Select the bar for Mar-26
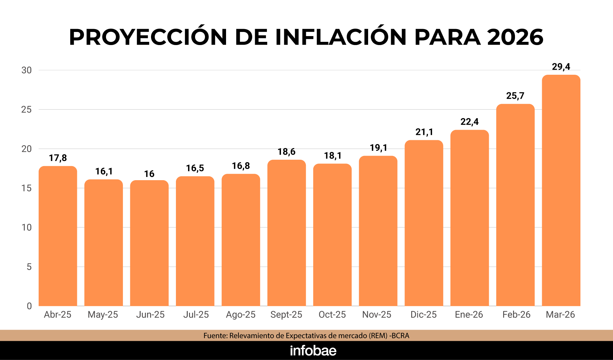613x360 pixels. coord(561,192)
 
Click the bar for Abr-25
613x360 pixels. coord(58,236)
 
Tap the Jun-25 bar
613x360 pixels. coord(149,243)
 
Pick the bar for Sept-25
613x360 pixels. coord(286,233)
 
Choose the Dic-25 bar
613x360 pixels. coord(424,224)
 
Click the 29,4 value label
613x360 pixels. coord(561,67)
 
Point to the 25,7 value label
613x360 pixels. coord(515,96)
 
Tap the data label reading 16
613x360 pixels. coord(149,174)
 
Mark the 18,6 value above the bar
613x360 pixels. coord(286,152)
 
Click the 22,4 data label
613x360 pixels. coord(469,122)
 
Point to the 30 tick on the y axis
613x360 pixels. coord(26,70)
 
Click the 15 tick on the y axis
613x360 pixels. coord(26,188)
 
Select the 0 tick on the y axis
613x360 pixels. coord(29,306)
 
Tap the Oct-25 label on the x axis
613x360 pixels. coord(332,315)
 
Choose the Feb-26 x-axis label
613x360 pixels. coord(516,315)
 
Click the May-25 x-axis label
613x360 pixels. coord(103,315)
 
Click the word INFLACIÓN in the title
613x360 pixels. coord(341,37)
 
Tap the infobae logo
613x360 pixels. coord(313,351)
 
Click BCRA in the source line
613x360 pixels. coord(400,336)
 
